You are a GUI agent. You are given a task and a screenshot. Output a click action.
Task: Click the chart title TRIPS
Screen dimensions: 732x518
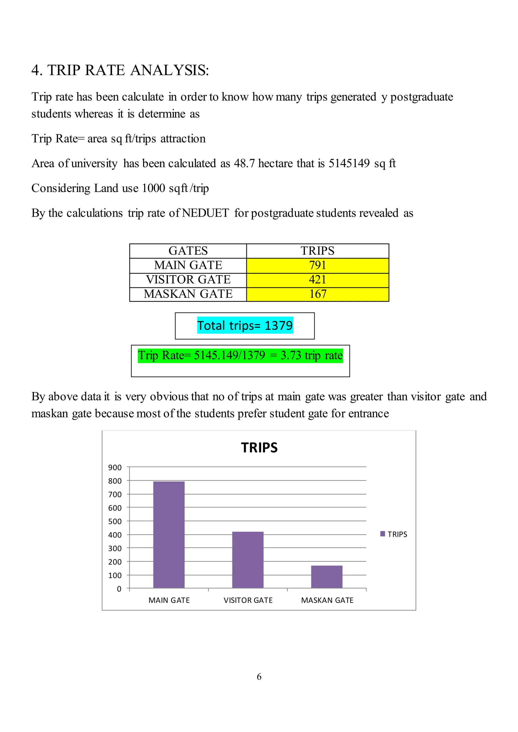click(x=259, y=447)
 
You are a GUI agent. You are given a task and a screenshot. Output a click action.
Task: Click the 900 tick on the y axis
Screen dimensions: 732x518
click(x=115, y=468)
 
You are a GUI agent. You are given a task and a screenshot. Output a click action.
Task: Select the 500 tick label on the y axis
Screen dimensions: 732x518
click(x=115, y=522)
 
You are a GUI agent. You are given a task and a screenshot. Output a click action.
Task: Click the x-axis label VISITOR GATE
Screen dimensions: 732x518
click(x=248, y=600)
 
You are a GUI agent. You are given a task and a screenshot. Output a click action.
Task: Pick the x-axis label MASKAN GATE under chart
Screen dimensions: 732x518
click(x=327, y=600)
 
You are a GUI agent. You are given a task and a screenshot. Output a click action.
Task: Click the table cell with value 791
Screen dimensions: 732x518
click(x=317, y=265)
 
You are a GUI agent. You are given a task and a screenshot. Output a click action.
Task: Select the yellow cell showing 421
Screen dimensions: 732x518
click(x=317, y=280)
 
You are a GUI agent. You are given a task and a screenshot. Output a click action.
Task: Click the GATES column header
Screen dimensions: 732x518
click(x=188, y=251)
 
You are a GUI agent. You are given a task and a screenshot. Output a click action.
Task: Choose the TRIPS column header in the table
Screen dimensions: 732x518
click(x=317, y=251)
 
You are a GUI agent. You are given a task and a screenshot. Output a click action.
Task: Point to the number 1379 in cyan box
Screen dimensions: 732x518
click(x=278, y=326)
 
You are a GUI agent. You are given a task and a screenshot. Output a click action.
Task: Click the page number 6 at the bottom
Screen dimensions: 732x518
click(x=259, y=677)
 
